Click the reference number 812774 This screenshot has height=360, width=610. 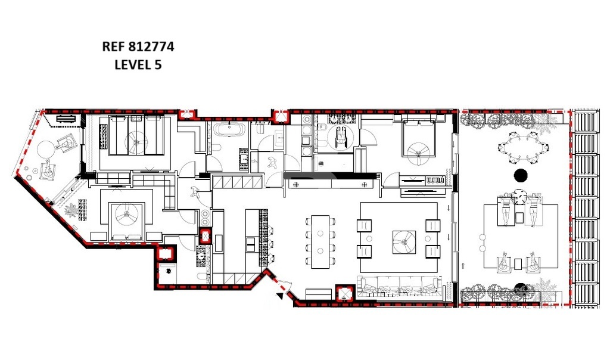coord(151,46)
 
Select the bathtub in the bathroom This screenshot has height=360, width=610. coord(228,129)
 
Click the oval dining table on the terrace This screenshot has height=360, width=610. coord(523,147)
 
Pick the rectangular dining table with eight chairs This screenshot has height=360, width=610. coord(320,241)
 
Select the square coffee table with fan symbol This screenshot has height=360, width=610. coord(404,242)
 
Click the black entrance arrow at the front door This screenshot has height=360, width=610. coord(279,296)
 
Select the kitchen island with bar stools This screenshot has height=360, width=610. coord(256,238)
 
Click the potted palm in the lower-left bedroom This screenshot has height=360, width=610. coord(71,211)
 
